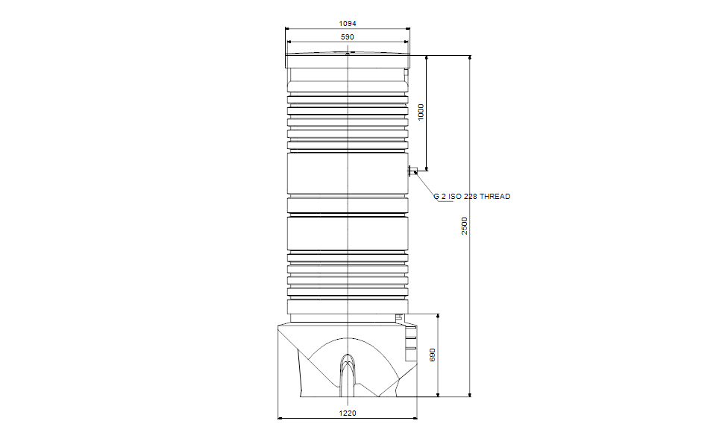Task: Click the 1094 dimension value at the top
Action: point(348,24)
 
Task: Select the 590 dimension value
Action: point(348,37)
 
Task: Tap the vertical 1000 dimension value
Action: point(421,112)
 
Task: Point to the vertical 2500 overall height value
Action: point(464,226)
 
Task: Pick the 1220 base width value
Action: point(348,413)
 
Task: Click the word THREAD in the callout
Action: point(495,197)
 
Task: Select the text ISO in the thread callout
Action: point(455,197)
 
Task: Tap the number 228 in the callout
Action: point(470,197)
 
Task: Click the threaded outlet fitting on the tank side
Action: point(411,172)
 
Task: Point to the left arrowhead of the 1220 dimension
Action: point(280,418)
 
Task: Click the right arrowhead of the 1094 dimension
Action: point(407,29)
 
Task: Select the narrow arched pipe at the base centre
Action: point(348,372)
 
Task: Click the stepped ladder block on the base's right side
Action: point(409,341)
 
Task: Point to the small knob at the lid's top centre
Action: point(348,53)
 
